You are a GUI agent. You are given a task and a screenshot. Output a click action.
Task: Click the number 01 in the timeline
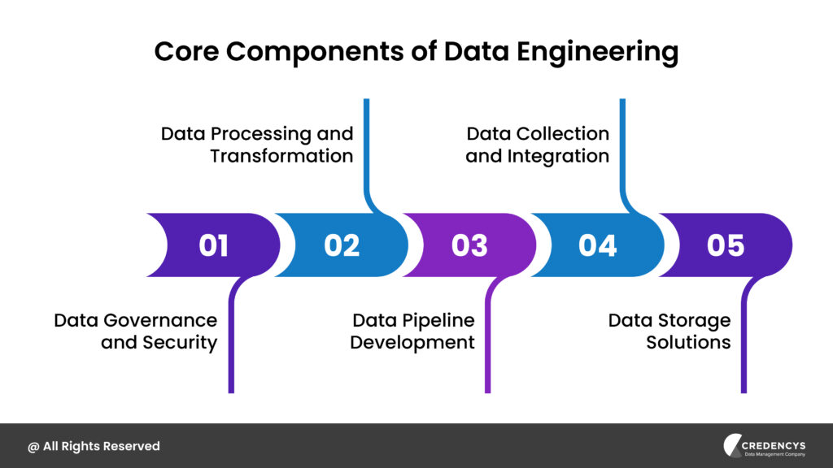[214, 245]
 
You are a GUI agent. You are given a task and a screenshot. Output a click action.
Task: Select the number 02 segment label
[342, 245]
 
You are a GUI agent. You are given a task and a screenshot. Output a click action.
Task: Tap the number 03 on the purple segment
[469, 245]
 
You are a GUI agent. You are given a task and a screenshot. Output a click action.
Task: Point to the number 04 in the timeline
[598, 245]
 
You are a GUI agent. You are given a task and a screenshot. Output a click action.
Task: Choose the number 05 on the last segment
[726, 245]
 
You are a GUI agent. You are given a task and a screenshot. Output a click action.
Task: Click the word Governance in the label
[160, 320]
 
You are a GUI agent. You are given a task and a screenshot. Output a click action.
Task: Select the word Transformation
[281, 156]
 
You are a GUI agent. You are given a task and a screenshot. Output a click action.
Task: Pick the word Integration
[558, 157]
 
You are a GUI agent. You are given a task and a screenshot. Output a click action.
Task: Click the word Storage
[695, 320]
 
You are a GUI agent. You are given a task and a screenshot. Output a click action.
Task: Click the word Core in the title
[186, 51]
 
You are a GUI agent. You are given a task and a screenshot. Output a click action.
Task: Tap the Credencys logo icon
[732, 445]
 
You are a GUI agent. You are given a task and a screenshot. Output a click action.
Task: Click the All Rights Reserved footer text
[94, 446]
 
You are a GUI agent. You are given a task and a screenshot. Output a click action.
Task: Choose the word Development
[412, 343]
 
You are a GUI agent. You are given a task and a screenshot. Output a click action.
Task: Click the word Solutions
[688, 342]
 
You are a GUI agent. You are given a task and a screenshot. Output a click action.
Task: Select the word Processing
[261, 134]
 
